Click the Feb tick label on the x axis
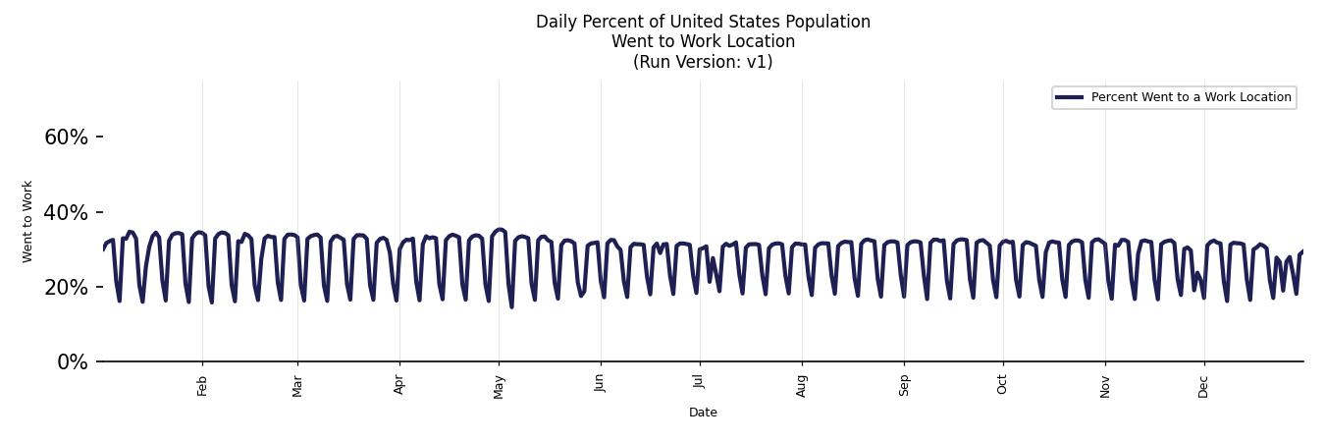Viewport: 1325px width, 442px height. [202, 386]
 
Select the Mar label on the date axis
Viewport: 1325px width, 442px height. [297, 386]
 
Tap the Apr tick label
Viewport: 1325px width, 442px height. [399, 386]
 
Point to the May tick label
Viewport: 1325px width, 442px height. [499, 386]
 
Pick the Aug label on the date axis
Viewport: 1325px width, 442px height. [802, 386]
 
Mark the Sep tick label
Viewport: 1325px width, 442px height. [904, 386]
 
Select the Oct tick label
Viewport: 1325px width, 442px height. [1002, 386]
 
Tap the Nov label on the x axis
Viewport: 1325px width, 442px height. [1105, 386]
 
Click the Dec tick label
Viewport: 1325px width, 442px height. [1203, 386]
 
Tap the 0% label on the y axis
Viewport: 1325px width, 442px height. [72, 362]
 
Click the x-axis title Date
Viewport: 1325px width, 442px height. [703, 413]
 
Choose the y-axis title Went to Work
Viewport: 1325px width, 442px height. [27, 221]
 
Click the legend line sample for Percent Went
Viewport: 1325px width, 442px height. [1069, 97]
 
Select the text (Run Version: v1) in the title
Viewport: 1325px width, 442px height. [703, 62]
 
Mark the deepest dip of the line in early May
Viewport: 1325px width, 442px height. [511, 306]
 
